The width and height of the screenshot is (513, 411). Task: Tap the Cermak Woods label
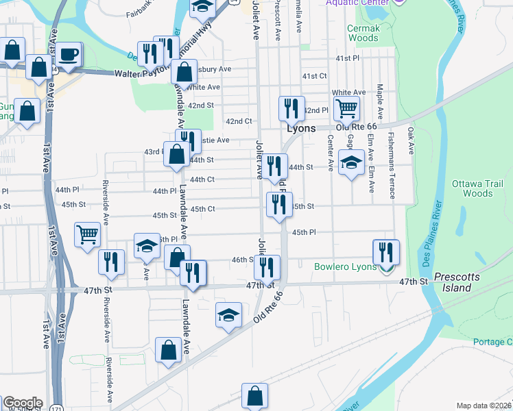pos(363,33)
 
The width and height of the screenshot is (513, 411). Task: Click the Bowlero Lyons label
pos(345,266)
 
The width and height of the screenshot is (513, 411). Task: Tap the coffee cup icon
pos(68,54)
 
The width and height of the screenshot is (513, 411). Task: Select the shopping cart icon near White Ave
pos(347,108)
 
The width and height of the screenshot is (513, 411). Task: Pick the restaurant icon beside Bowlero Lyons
pos(387,251)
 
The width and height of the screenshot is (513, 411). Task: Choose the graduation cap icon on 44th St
pos(351,162)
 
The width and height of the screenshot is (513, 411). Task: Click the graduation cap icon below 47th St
pos(229,314)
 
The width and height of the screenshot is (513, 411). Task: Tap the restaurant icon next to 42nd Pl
pos(291,108)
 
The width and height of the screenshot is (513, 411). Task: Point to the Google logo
pos(23,403)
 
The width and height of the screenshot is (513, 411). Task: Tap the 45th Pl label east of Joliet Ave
pos(303,232)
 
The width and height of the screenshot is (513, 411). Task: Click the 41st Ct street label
pos(315,76)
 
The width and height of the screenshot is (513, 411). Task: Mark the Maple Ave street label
pos(379,99)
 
